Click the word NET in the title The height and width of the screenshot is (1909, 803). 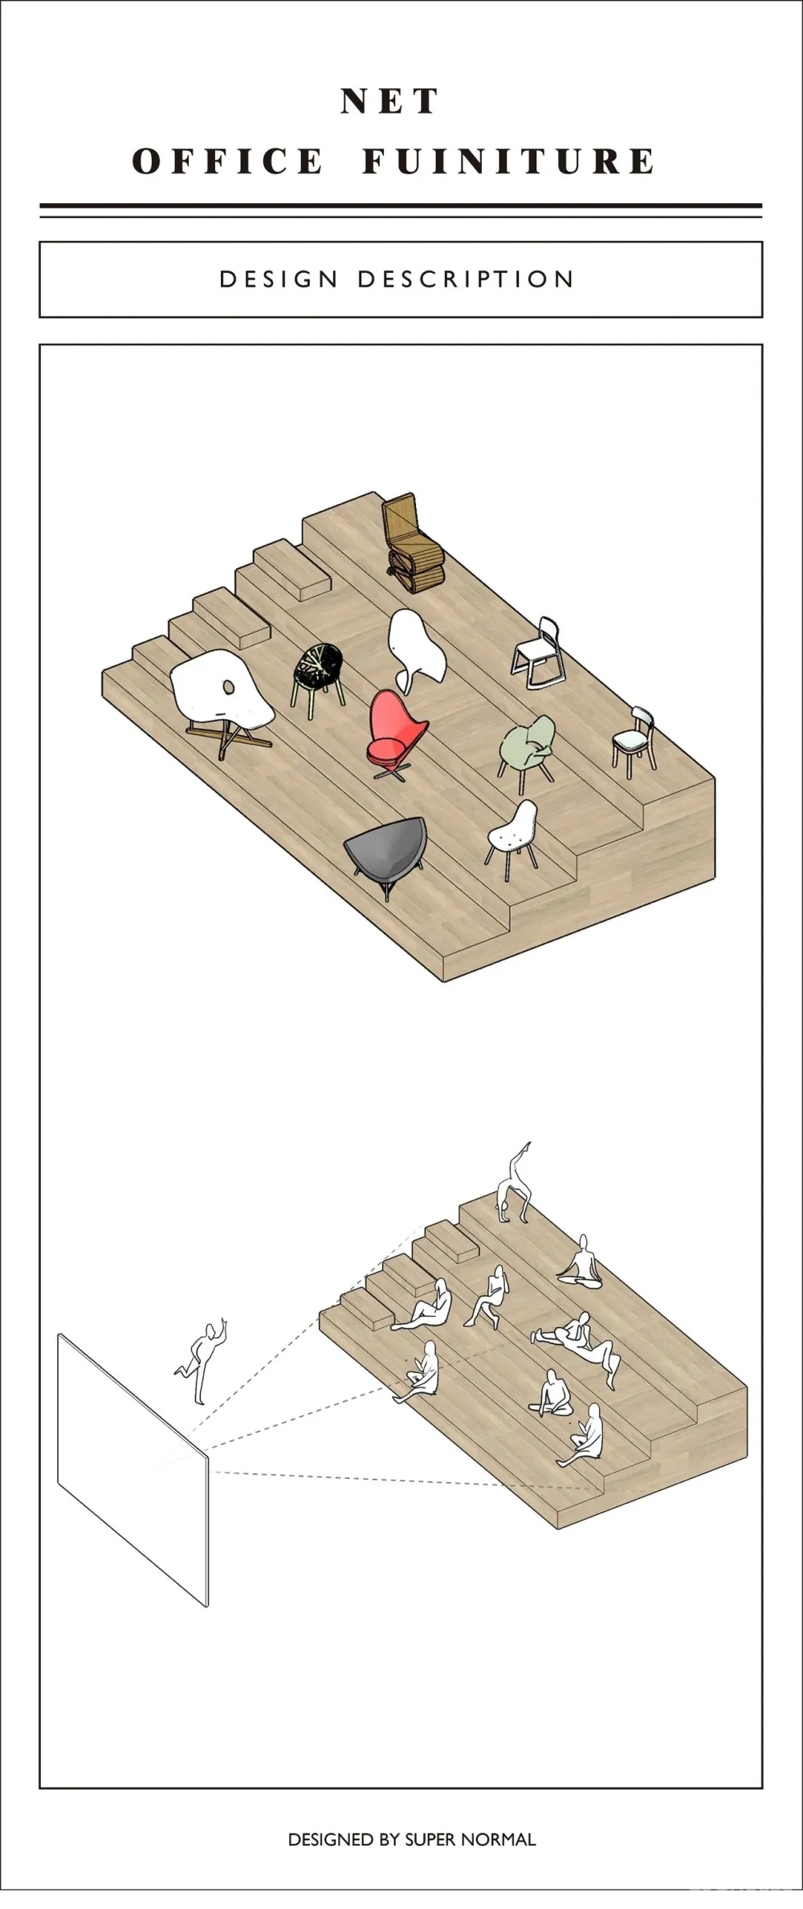389,101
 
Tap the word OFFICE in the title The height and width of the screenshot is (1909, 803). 227,161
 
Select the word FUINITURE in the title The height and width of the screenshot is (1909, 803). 508,161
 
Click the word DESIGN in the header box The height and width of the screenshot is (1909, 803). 279,279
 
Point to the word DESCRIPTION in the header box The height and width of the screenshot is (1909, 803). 466,279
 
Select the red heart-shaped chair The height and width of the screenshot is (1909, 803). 395,732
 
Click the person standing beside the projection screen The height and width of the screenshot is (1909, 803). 202,1360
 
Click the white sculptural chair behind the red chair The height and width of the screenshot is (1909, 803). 415,650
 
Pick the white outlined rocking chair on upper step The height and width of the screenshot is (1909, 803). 537,653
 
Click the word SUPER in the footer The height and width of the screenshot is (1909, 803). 433,1839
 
